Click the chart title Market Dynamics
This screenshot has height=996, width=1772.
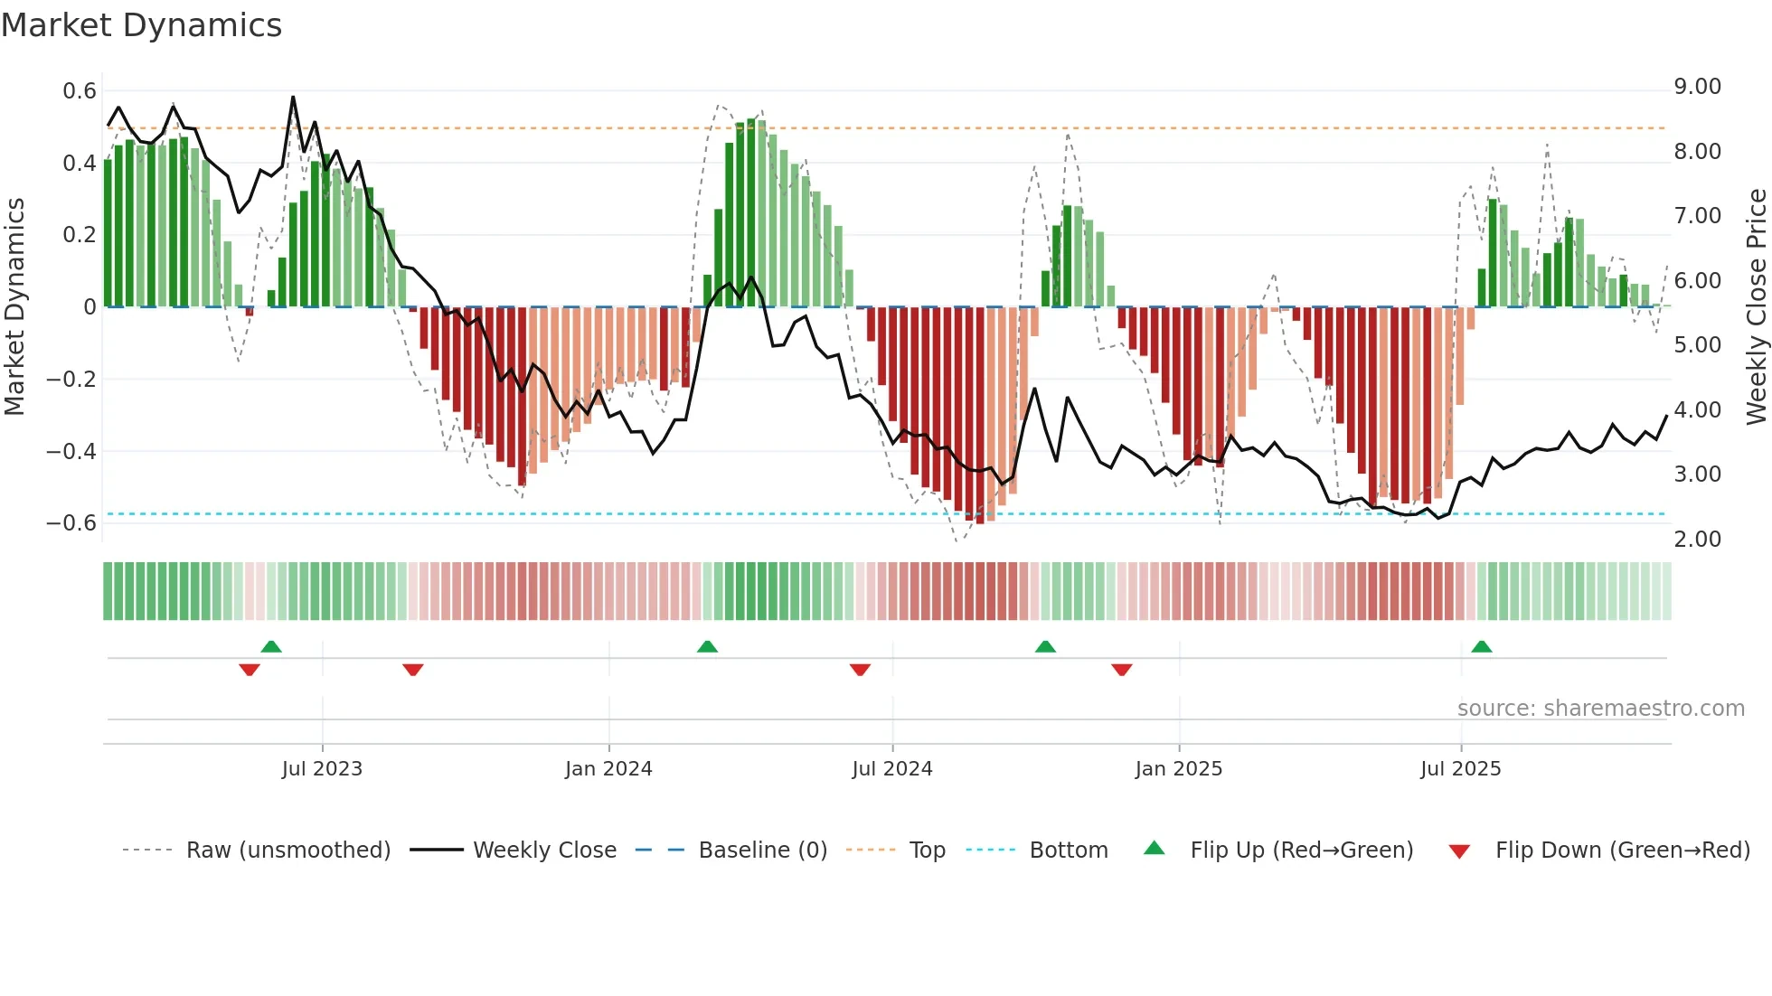pos(142,25)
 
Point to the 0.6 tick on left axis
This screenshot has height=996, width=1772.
pos(80,91)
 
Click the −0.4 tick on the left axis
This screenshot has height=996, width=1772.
pos(71,451)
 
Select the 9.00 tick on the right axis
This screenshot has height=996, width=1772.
pos(1697,87)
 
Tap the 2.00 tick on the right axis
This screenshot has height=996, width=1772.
pos(1697,540)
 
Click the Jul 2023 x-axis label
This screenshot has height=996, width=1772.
pos(322,769)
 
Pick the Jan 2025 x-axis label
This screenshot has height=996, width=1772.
pos(1178,769)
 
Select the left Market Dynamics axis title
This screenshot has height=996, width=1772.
pos(14,307)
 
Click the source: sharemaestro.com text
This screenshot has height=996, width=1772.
pos(1600,709)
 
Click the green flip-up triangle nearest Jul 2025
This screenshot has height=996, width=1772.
pos(1481,647)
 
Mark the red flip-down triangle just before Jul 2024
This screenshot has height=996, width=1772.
pos(860,669)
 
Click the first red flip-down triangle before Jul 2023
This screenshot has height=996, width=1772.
pos(250,669)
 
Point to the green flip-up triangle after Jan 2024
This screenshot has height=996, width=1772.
pos(707,647)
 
